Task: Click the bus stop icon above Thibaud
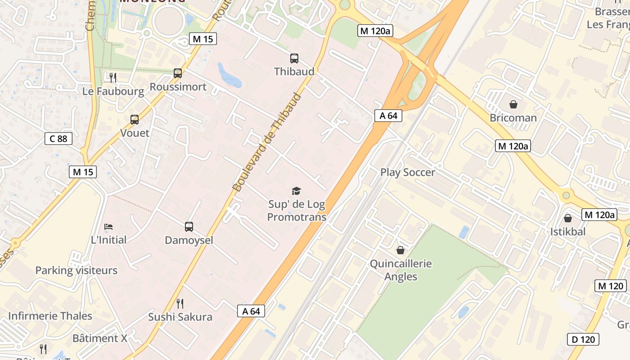(x=294, y=58)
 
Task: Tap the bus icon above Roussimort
(x=178, y=73)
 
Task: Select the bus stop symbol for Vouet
(x=135, y=120)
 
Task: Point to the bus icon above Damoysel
(x=189, y=227)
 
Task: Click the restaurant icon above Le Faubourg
(x=113, y=78)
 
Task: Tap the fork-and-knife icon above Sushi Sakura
(x=180, y=304)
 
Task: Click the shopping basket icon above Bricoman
(x=513, y=105)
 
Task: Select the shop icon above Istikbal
(x=568, y=218)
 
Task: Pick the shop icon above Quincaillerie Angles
(x=400, y=250)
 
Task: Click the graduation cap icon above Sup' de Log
(x=296, y=191)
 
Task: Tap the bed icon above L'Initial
(x=108, y=226)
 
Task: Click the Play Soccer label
(x=408, y=172)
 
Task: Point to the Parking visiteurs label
(x=76, y=270)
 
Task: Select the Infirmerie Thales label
(x=50, y=316)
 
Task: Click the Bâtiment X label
(x=100, y=338)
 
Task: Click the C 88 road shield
(x=58, y=139)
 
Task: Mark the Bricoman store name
(x=513, y=118)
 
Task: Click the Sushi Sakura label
(x=180, y=317)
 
